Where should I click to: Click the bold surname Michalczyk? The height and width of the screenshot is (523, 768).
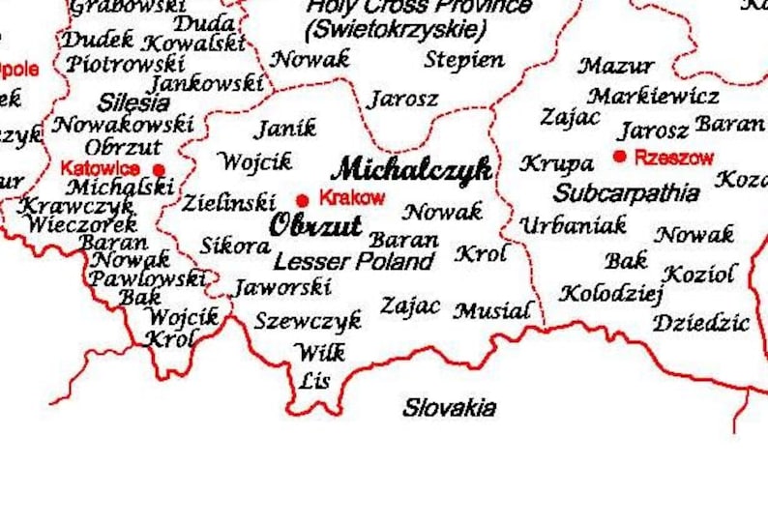pos(412,169)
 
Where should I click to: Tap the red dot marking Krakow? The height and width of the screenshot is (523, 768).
pos(303,200)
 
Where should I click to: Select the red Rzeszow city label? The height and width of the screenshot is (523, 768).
pos(674,158)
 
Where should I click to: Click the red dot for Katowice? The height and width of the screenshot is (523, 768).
pos(160,169)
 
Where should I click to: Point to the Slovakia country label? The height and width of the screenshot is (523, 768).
pos(450,407)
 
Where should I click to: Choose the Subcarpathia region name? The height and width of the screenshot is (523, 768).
pos(626,192)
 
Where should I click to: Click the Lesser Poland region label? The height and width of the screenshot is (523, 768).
pos(353,261)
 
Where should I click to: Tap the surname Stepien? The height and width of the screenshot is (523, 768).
pos(464,60)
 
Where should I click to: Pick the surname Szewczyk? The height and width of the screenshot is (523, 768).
pos(308,320)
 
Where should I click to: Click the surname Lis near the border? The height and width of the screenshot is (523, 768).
pos(314,380)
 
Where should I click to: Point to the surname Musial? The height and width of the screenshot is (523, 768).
pos(492,310)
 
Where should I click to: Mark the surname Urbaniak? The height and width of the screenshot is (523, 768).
pos(573,226)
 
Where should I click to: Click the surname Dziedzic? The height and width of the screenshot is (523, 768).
pos(701,322)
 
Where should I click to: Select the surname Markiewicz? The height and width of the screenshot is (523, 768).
pos(653,96)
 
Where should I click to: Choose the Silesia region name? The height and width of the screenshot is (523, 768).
pos(133,102)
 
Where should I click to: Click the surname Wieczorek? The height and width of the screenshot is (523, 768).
pos(68,224)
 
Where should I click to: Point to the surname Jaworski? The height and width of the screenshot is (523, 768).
pos(282,287)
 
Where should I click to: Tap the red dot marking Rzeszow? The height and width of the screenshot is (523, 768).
pos(620,157)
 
